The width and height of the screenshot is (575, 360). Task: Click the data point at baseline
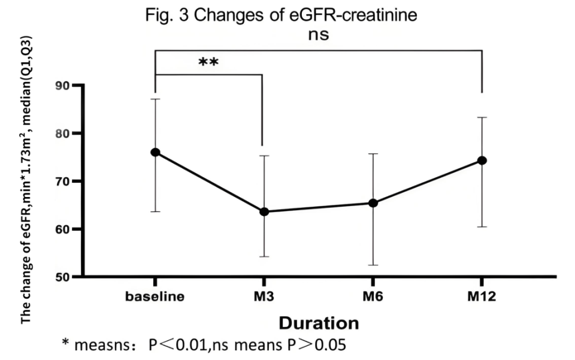(155, 152)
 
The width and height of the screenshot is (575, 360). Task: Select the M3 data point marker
(264, 211)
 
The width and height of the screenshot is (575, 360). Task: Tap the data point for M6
(373, 203)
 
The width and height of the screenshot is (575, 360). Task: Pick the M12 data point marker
(482, 161)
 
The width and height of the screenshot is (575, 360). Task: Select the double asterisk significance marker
(208, 62)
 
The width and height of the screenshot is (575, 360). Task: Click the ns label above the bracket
(318, 35)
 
